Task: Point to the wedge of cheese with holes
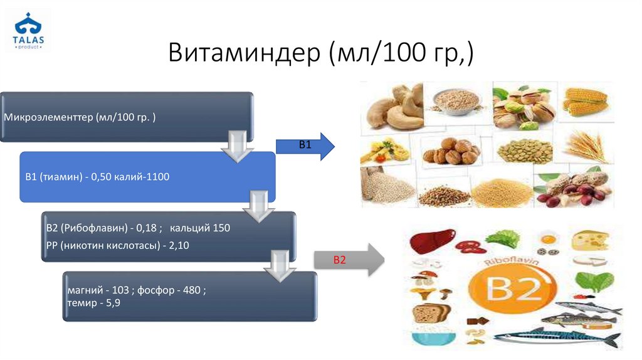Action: pyautogui.click(x=591, y=240)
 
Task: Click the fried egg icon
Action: pyautogui.click(x=547, y=239)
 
